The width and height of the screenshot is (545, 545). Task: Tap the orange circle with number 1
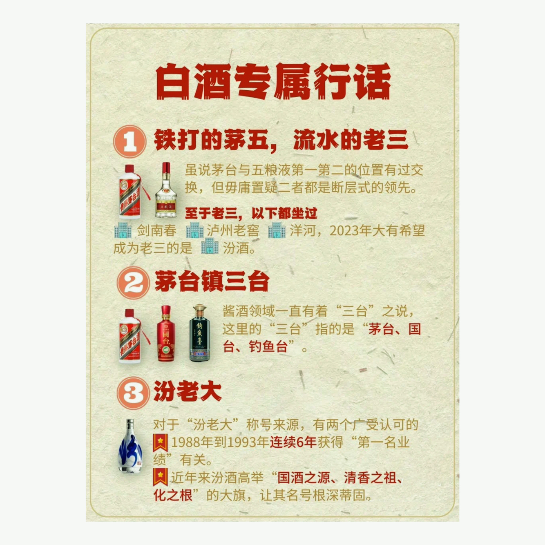(x=130, y=141)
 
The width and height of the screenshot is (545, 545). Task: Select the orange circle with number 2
(x=133, y=283)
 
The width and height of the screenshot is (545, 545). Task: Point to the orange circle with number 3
(x=133, y=393)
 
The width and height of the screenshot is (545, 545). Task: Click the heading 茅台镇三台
(x=212, y=281)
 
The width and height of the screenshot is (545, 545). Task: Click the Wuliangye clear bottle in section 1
(x=166, y=190)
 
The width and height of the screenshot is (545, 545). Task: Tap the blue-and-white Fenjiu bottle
(x=130, y=447)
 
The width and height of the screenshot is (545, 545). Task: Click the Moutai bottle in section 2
(x=133, y=336)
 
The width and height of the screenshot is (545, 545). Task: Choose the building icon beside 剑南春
(x=123, y=230)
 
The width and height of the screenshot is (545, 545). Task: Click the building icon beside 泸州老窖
(x=194, y=230)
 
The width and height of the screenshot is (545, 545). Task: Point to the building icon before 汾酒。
(x=210, y=246)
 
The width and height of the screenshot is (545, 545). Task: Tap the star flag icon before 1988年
(x=161, y=442)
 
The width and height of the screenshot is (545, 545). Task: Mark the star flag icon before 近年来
(x=161, y=477)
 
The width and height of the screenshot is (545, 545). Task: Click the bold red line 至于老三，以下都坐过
(x=251, y=213)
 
